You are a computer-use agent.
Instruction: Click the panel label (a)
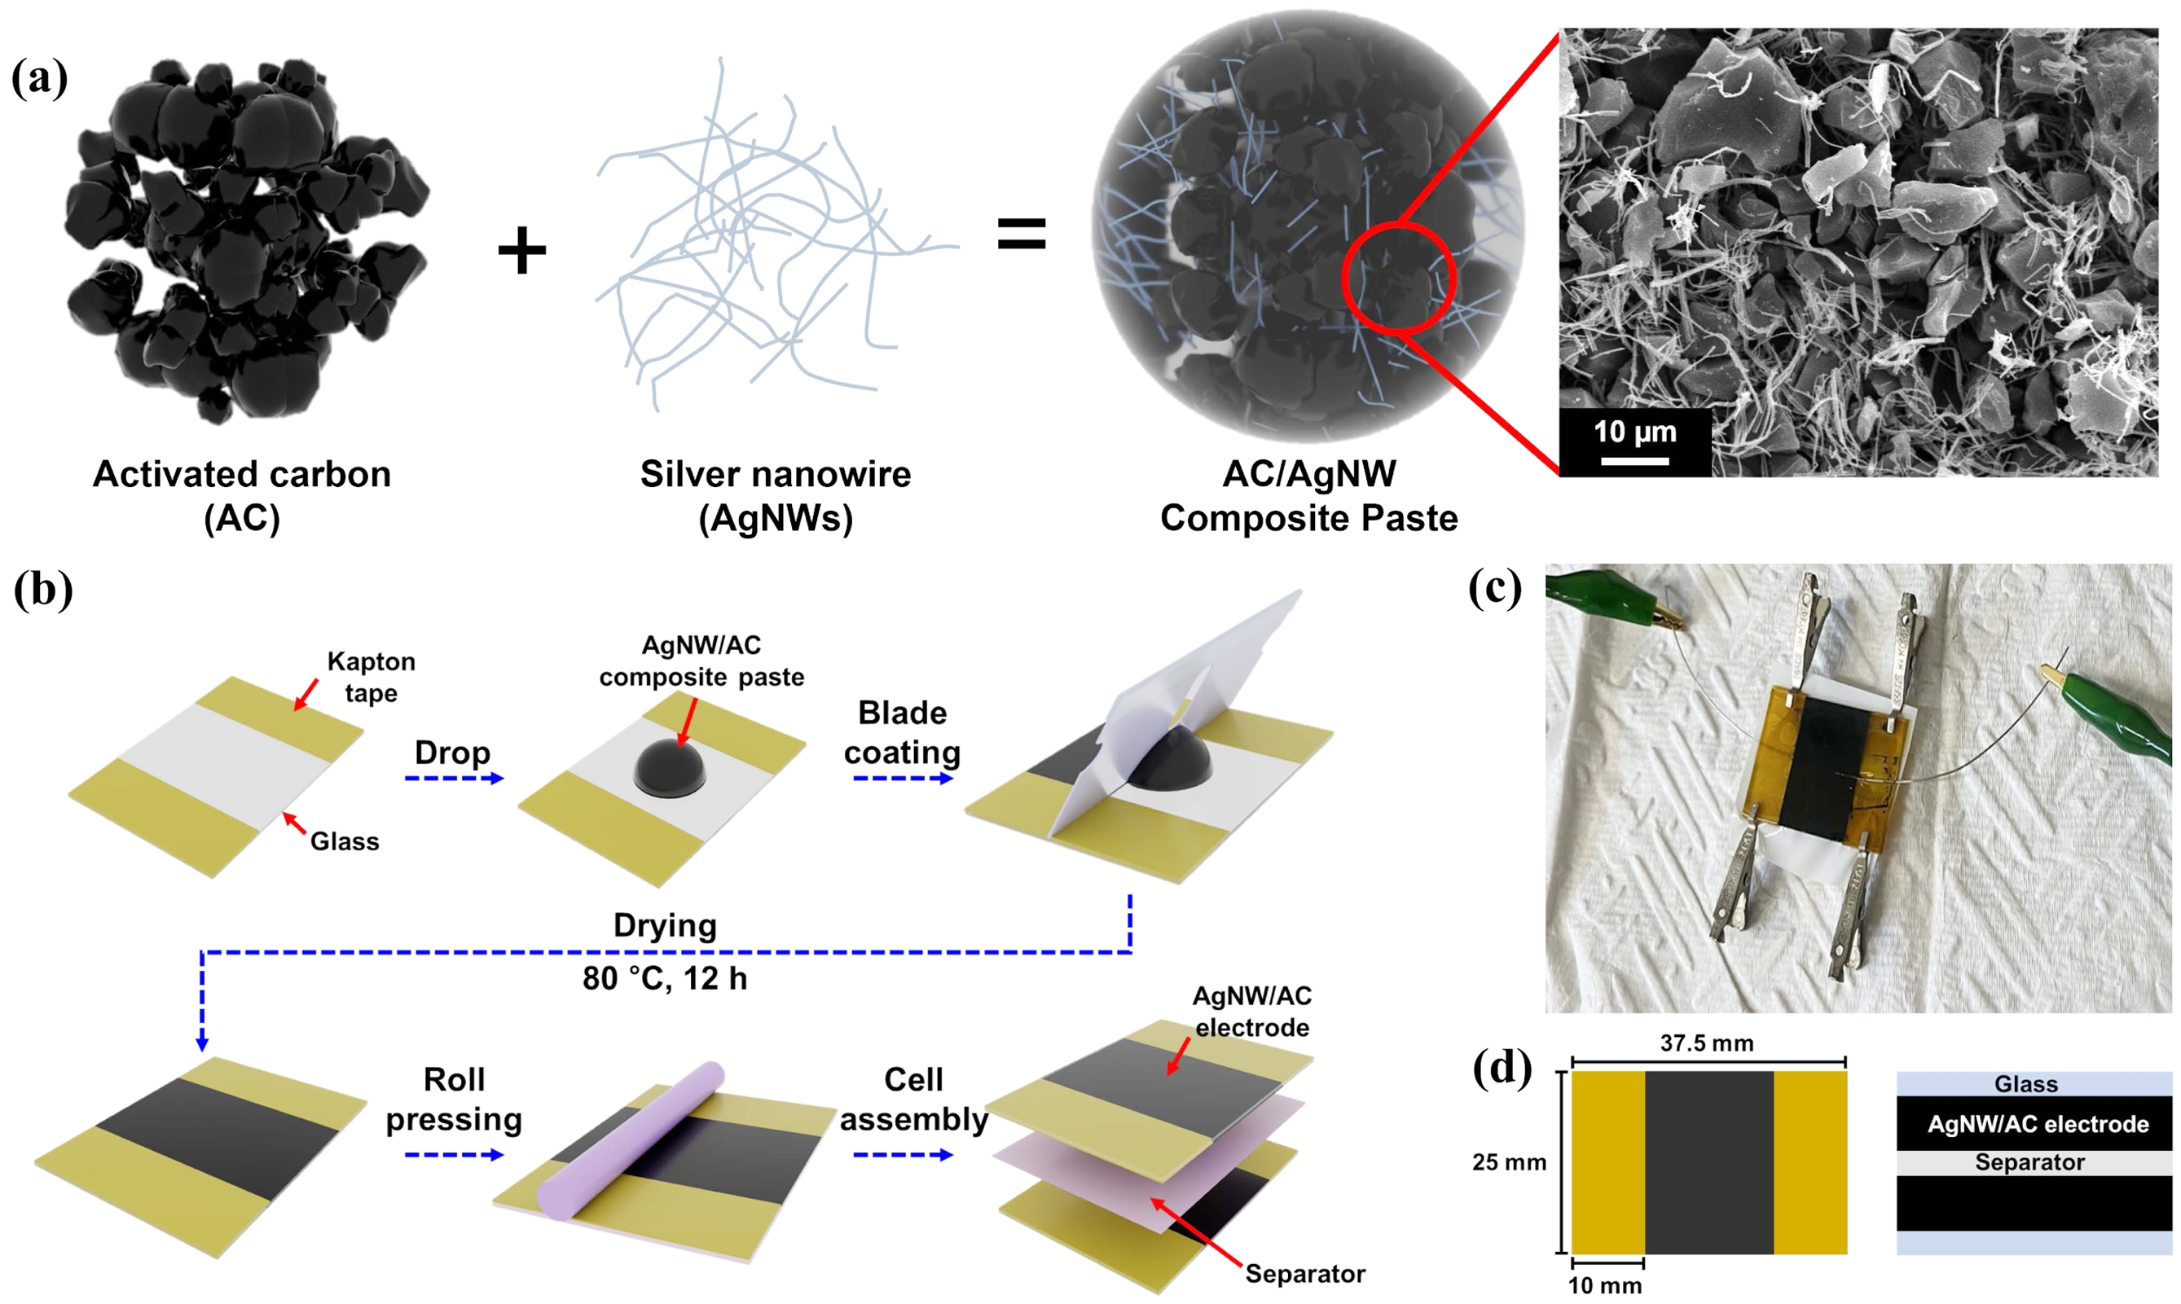[x=40, y=78]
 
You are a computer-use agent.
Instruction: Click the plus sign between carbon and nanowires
[x=522, y=250]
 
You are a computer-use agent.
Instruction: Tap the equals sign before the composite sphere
[x=1021, y=235]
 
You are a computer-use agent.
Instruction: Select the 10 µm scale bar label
[x=1634, y=432]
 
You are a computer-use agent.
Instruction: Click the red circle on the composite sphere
[x=1398, y=278]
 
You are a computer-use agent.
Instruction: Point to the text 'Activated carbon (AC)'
[x=242, y=495]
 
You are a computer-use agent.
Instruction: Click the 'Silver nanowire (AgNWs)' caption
[x=775, y=495]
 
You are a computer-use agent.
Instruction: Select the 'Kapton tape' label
[x=371, y=677]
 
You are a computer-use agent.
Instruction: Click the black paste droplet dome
[x=670, y=766]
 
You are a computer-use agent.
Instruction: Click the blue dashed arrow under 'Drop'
[x=454, y=779]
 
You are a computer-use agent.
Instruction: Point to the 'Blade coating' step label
[x=903, y=732]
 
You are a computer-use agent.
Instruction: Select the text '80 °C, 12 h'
[x=664, y=978]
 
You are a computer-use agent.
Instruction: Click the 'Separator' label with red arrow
[x=1305, y=1273]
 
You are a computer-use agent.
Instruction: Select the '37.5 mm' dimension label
[x=1707, y=1043]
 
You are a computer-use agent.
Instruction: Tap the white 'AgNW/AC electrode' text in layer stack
[x=2038, y=1124]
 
